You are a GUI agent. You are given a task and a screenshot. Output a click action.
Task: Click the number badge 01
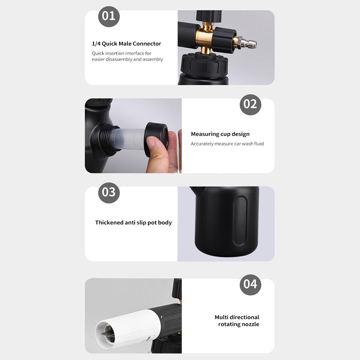click(x=109, y=17)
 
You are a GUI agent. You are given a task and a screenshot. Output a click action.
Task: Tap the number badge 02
click(x=250, y=104)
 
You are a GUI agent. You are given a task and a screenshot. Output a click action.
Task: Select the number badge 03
click(x=109, y=193)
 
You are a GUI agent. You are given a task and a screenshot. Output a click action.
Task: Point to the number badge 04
click(x=250, y=285)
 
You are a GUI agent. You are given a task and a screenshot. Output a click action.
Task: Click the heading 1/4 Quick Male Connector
click(x=126, y=44)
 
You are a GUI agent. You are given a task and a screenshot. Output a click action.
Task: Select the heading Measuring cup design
click(x=220, y=134)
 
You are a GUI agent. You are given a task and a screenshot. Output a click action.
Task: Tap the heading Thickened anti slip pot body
click(x=134, y=222)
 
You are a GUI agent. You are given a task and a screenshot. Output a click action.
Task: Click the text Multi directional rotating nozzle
click(x=237, y=320)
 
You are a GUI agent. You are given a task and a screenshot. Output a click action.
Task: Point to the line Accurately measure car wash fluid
click(x=227, y=144)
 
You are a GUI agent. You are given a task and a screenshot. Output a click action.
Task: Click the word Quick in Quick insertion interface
click(x=98, y=54)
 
